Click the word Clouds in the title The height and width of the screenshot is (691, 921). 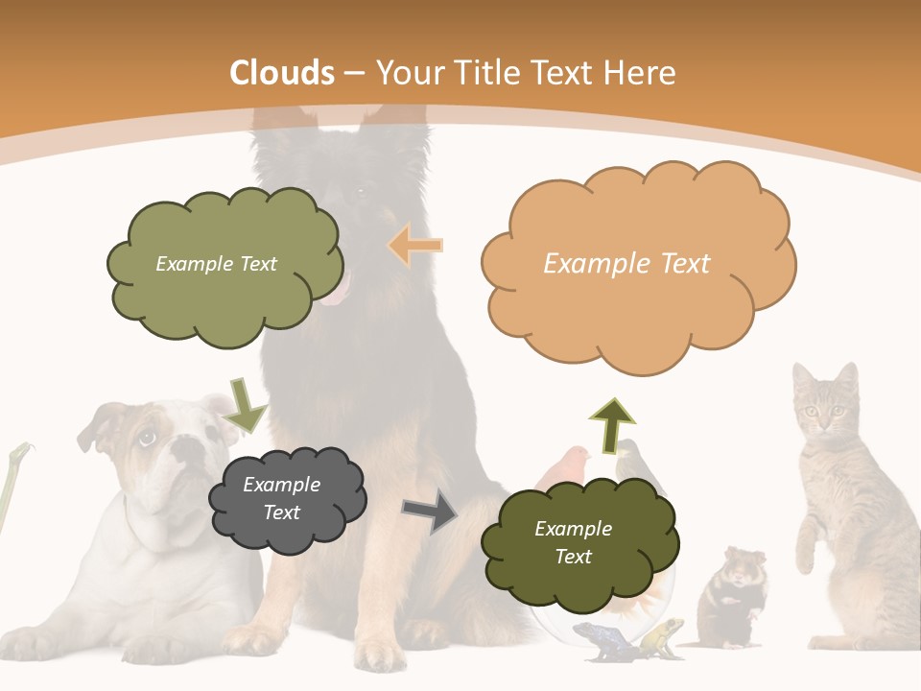tap(282, 73)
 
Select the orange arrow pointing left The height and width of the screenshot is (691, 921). tap(414, 246)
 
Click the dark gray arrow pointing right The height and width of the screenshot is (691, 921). tap(429, 512)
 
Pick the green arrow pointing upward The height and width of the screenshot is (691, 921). tap(612, 423)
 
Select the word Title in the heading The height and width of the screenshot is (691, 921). tap(489, 73)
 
